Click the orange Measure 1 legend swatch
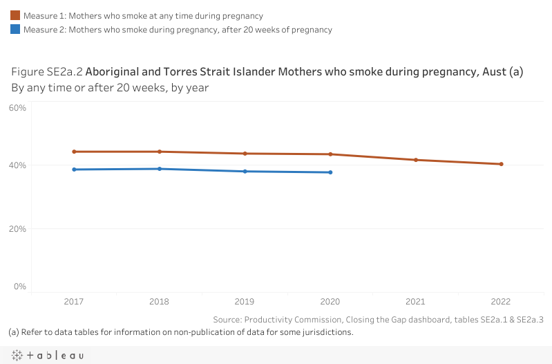15,15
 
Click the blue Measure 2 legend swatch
15,30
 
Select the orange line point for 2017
74,152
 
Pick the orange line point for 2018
160,152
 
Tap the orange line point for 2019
245,154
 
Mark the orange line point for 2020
331,154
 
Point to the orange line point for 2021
416,160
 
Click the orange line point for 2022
502,164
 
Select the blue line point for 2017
74,170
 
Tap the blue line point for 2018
160,169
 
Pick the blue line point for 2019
245,172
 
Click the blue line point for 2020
331,172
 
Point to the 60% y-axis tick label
17,108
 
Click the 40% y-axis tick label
17,165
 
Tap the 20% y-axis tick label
17,228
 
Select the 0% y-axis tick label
19,286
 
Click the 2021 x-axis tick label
416,302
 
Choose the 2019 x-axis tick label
245,302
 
